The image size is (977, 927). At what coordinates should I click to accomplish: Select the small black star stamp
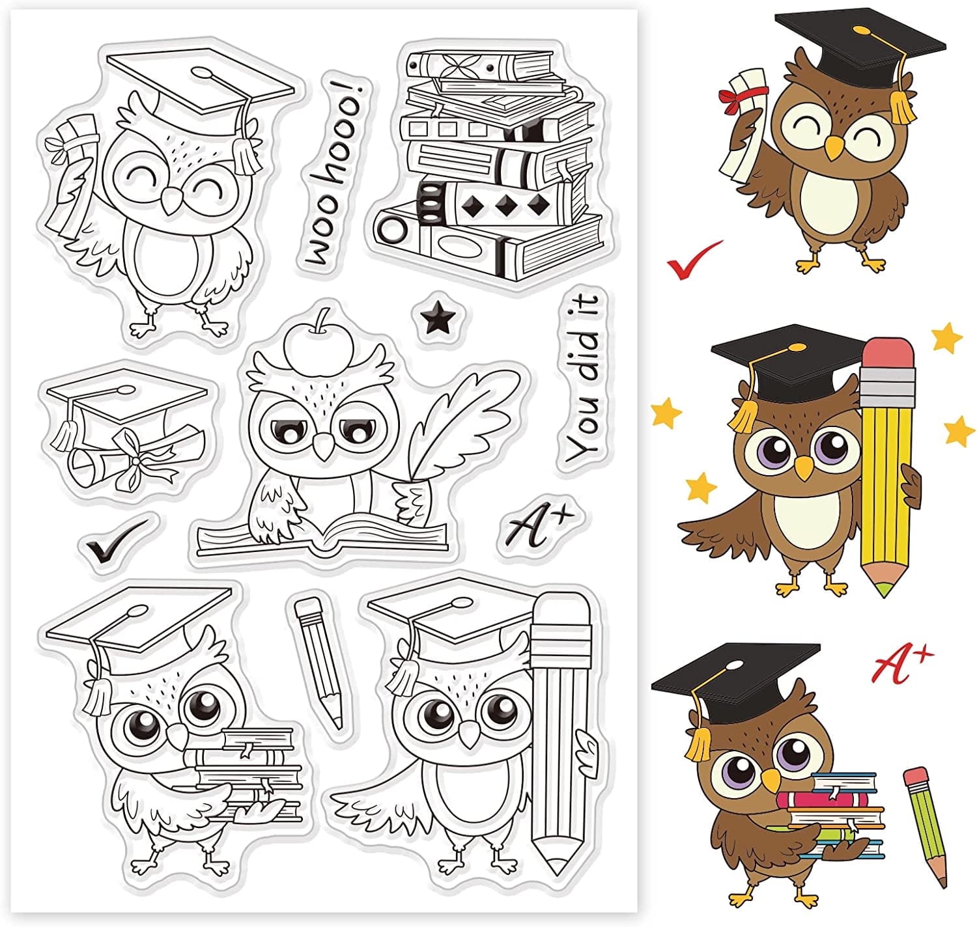(x=437, y=320)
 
